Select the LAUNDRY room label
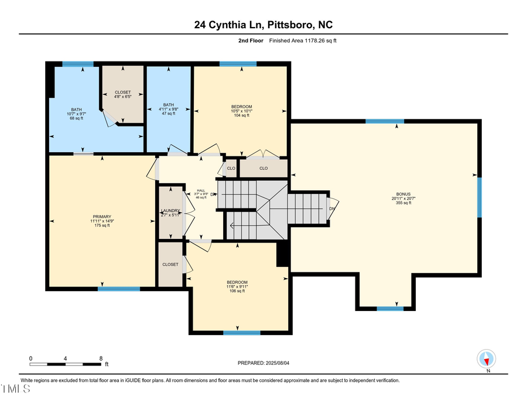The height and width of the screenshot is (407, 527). coord(171,211)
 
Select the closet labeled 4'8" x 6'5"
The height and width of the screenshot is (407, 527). coord(123,94)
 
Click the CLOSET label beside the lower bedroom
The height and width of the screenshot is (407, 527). coord(170,265)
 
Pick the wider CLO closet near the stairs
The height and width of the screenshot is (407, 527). coord(263,168)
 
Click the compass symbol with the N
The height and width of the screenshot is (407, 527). coord(487,358)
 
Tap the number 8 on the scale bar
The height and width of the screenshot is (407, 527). coord(101,358)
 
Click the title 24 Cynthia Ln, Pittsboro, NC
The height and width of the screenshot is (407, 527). coord(264,25)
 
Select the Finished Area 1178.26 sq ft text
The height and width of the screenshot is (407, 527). coord(303,41)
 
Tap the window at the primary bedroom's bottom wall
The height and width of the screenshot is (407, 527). coord(119,289)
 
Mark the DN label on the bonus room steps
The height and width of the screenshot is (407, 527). coord(332,209)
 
